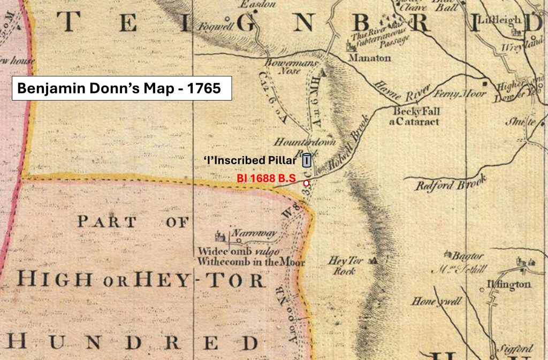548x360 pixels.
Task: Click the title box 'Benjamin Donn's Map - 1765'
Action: (x=122, y=88)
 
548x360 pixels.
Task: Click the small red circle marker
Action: (x=306, y=183)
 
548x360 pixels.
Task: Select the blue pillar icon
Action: (x=307, y=160)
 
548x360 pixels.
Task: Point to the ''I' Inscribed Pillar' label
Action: (x=250, y=160)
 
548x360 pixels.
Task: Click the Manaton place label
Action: (x=370, y=58)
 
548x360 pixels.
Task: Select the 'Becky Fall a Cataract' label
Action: (x=416, y=117)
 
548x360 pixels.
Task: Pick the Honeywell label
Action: (x=436, y=302)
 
